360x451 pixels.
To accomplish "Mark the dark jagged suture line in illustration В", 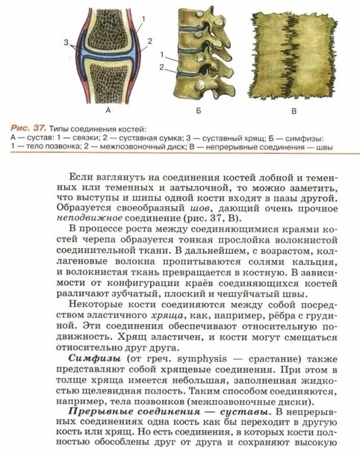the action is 296,60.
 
